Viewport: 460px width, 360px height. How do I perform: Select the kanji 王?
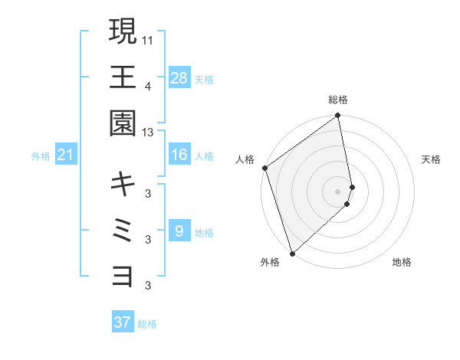click(x=123, y=77)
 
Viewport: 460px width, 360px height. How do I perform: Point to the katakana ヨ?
click(x=123, y=274)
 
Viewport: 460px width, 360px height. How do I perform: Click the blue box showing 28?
click(x=179, y=77)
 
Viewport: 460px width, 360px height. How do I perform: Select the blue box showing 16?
click(x=179, y=155)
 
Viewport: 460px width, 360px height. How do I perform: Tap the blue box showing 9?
click(x=179, y=231)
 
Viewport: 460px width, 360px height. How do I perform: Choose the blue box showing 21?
click(x=65, y=155)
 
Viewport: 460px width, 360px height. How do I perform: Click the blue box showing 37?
click(x=123, y=322)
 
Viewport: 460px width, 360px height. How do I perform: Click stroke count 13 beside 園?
click(x=148, y=133)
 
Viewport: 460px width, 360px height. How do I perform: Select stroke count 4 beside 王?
click(x=148, y=86)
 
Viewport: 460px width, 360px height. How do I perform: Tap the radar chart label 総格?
click(x=338, y=100)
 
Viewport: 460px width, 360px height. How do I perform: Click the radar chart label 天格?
click(x=432, y=159)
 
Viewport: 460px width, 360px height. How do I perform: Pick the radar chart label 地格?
click(x=402, y=263)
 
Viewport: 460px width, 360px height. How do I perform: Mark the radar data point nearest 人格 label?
click(x=264, y=168)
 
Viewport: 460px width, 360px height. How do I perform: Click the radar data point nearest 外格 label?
click(x=292, y=253)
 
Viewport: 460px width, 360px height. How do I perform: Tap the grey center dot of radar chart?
click(x=338, y=191)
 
